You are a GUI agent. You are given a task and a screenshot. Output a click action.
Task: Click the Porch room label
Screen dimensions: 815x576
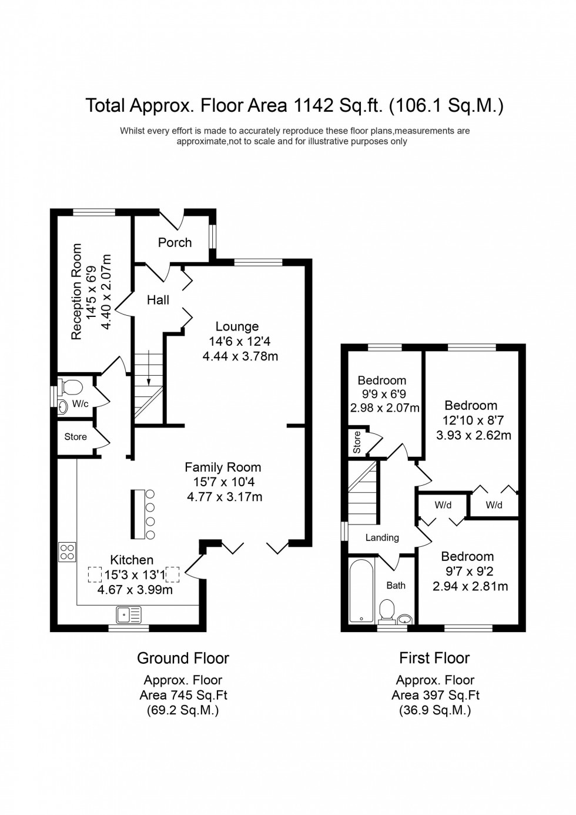click(175, 242)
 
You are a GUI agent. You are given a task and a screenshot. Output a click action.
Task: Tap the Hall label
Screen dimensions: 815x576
click(158, 300)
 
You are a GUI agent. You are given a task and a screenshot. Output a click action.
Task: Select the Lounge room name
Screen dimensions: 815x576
click(237, 326)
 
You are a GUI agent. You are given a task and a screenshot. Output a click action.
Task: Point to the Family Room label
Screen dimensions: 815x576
click(223, 467)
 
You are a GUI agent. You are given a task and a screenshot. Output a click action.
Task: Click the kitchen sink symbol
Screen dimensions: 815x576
click(129, 614)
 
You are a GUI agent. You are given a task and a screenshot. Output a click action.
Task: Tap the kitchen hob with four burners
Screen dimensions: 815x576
click(67, 552)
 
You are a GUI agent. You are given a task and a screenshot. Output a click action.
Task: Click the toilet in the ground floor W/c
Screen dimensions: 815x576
click(72, 388)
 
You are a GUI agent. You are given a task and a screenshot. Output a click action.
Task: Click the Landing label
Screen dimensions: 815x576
click(382, 537)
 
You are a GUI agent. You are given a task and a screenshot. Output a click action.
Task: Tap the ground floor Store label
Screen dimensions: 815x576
click(75, 437)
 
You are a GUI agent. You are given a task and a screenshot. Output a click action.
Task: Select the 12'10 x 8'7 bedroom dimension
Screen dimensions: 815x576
click(473, 420)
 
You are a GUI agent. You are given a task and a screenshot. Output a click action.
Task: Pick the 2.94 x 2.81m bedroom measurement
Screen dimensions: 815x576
click(470, 586)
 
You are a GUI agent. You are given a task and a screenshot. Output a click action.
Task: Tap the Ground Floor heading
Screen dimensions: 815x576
click(183, 658)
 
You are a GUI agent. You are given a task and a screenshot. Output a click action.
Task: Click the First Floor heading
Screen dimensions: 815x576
click(434, 658)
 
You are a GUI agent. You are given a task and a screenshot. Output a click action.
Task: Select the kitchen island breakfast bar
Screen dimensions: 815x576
click(138, 513)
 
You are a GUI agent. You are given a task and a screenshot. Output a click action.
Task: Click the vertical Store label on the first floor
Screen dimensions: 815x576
click(357, 443)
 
